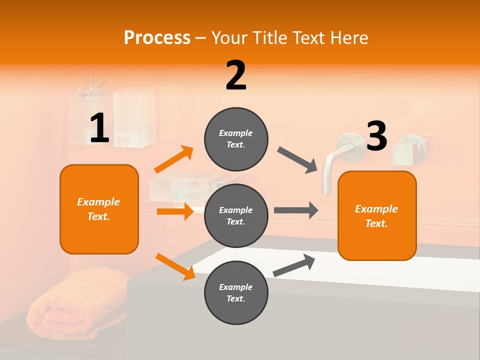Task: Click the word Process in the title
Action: point(157,37)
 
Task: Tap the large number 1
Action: point(99,128)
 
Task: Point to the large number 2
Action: point(236,75)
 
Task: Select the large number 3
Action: point(376,136)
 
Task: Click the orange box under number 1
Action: point(99,209)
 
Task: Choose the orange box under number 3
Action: point(377,215)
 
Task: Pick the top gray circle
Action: point(236,139)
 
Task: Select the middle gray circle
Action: point(236,215)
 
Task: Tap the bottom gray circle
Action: point(236,292)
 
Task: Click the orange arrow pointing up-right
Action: point(174,159)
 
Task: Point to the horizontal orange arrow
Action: point(175,211)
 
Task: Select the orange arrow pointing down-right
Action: point(175,266)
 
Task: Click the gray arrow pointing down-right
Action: point(298,159)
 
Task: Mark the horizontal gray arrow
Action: point(296,210)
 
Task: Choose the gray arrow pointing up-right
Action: point(294,265)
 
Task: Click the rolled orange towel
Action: point(75,300)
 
